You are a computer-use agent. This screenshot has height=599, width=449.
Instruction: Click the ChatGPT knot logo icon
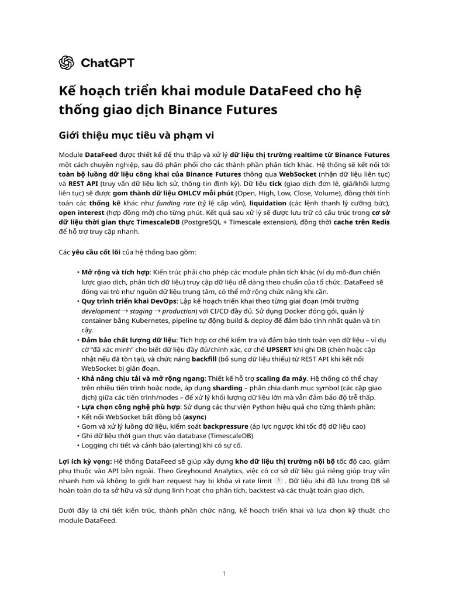pyautogui.click(x=66, y=63)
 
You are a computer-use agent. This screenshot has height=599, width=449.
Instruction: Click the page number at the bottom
pyautogui.click(x=224, y=573)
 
